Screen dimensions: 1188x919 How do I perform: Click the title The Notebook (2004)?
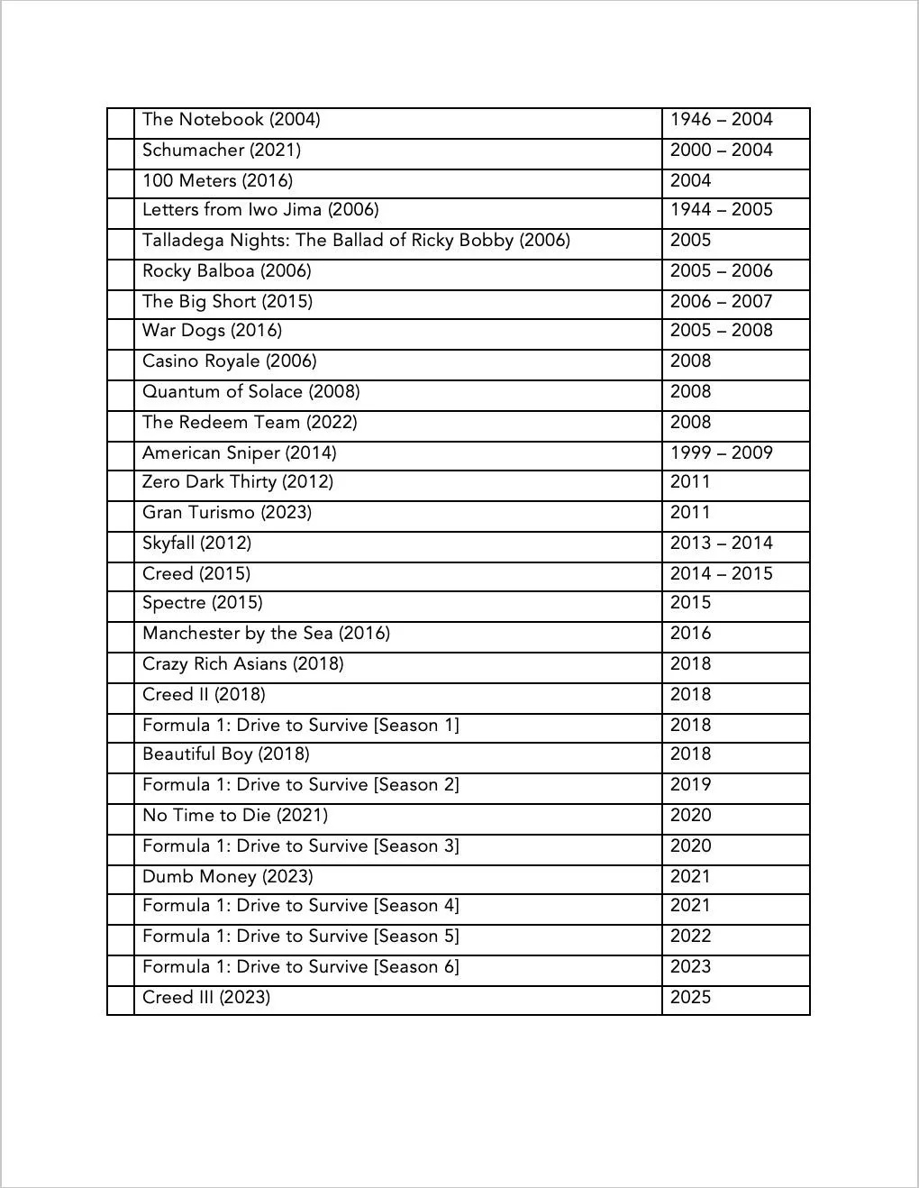pos(231,120)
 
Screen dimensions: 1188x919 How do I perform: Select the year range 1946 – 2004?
pos(721,120)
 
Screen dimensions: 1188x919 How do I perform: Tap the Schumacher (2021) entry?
pos(222,151)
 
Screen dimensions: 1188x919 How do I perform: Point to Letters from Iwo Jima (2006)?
pos(260,210)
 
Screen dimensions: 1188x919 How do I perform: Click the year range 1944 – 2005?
pos(721,210)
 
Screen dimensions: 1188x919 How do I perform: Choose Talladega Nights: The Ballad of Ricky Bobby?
pos(356,241)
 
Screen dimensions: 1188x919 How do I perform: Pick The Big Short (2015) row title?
pos(227,302)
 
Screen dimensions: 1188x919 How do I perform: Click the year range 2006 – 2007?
pos(721,302)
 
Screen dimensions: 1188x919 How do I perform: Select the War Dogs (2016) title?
pos(212,331)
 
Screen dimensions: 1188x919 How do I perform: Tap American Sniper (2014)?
pos(239,453)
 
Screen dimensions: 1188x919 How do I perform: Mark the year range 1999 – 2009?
pos(721,453)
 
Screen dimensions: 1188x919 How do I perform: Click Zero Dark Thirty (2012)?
pos(238,482)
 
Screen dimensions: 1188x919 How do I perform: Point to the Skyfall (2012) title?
pos(196,544)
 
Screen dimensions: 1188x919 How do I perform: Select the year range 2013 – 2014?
pos(721,544)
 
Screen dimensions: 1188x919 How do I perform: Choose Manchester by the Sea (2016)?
pos(266,634)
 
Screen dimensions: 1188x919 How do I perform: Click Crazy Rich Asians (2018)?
pos(243,664)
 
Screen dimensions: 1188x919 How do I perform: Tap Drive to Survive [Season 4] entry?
pos(301,906)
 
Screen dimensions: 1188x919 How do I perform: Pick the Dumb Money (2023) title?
pos(228,877)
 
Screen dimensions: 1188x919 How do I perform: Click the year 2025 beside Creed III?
pos(690,998)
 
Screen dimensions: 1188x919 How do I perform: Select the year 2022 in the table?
pos(690,937)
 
